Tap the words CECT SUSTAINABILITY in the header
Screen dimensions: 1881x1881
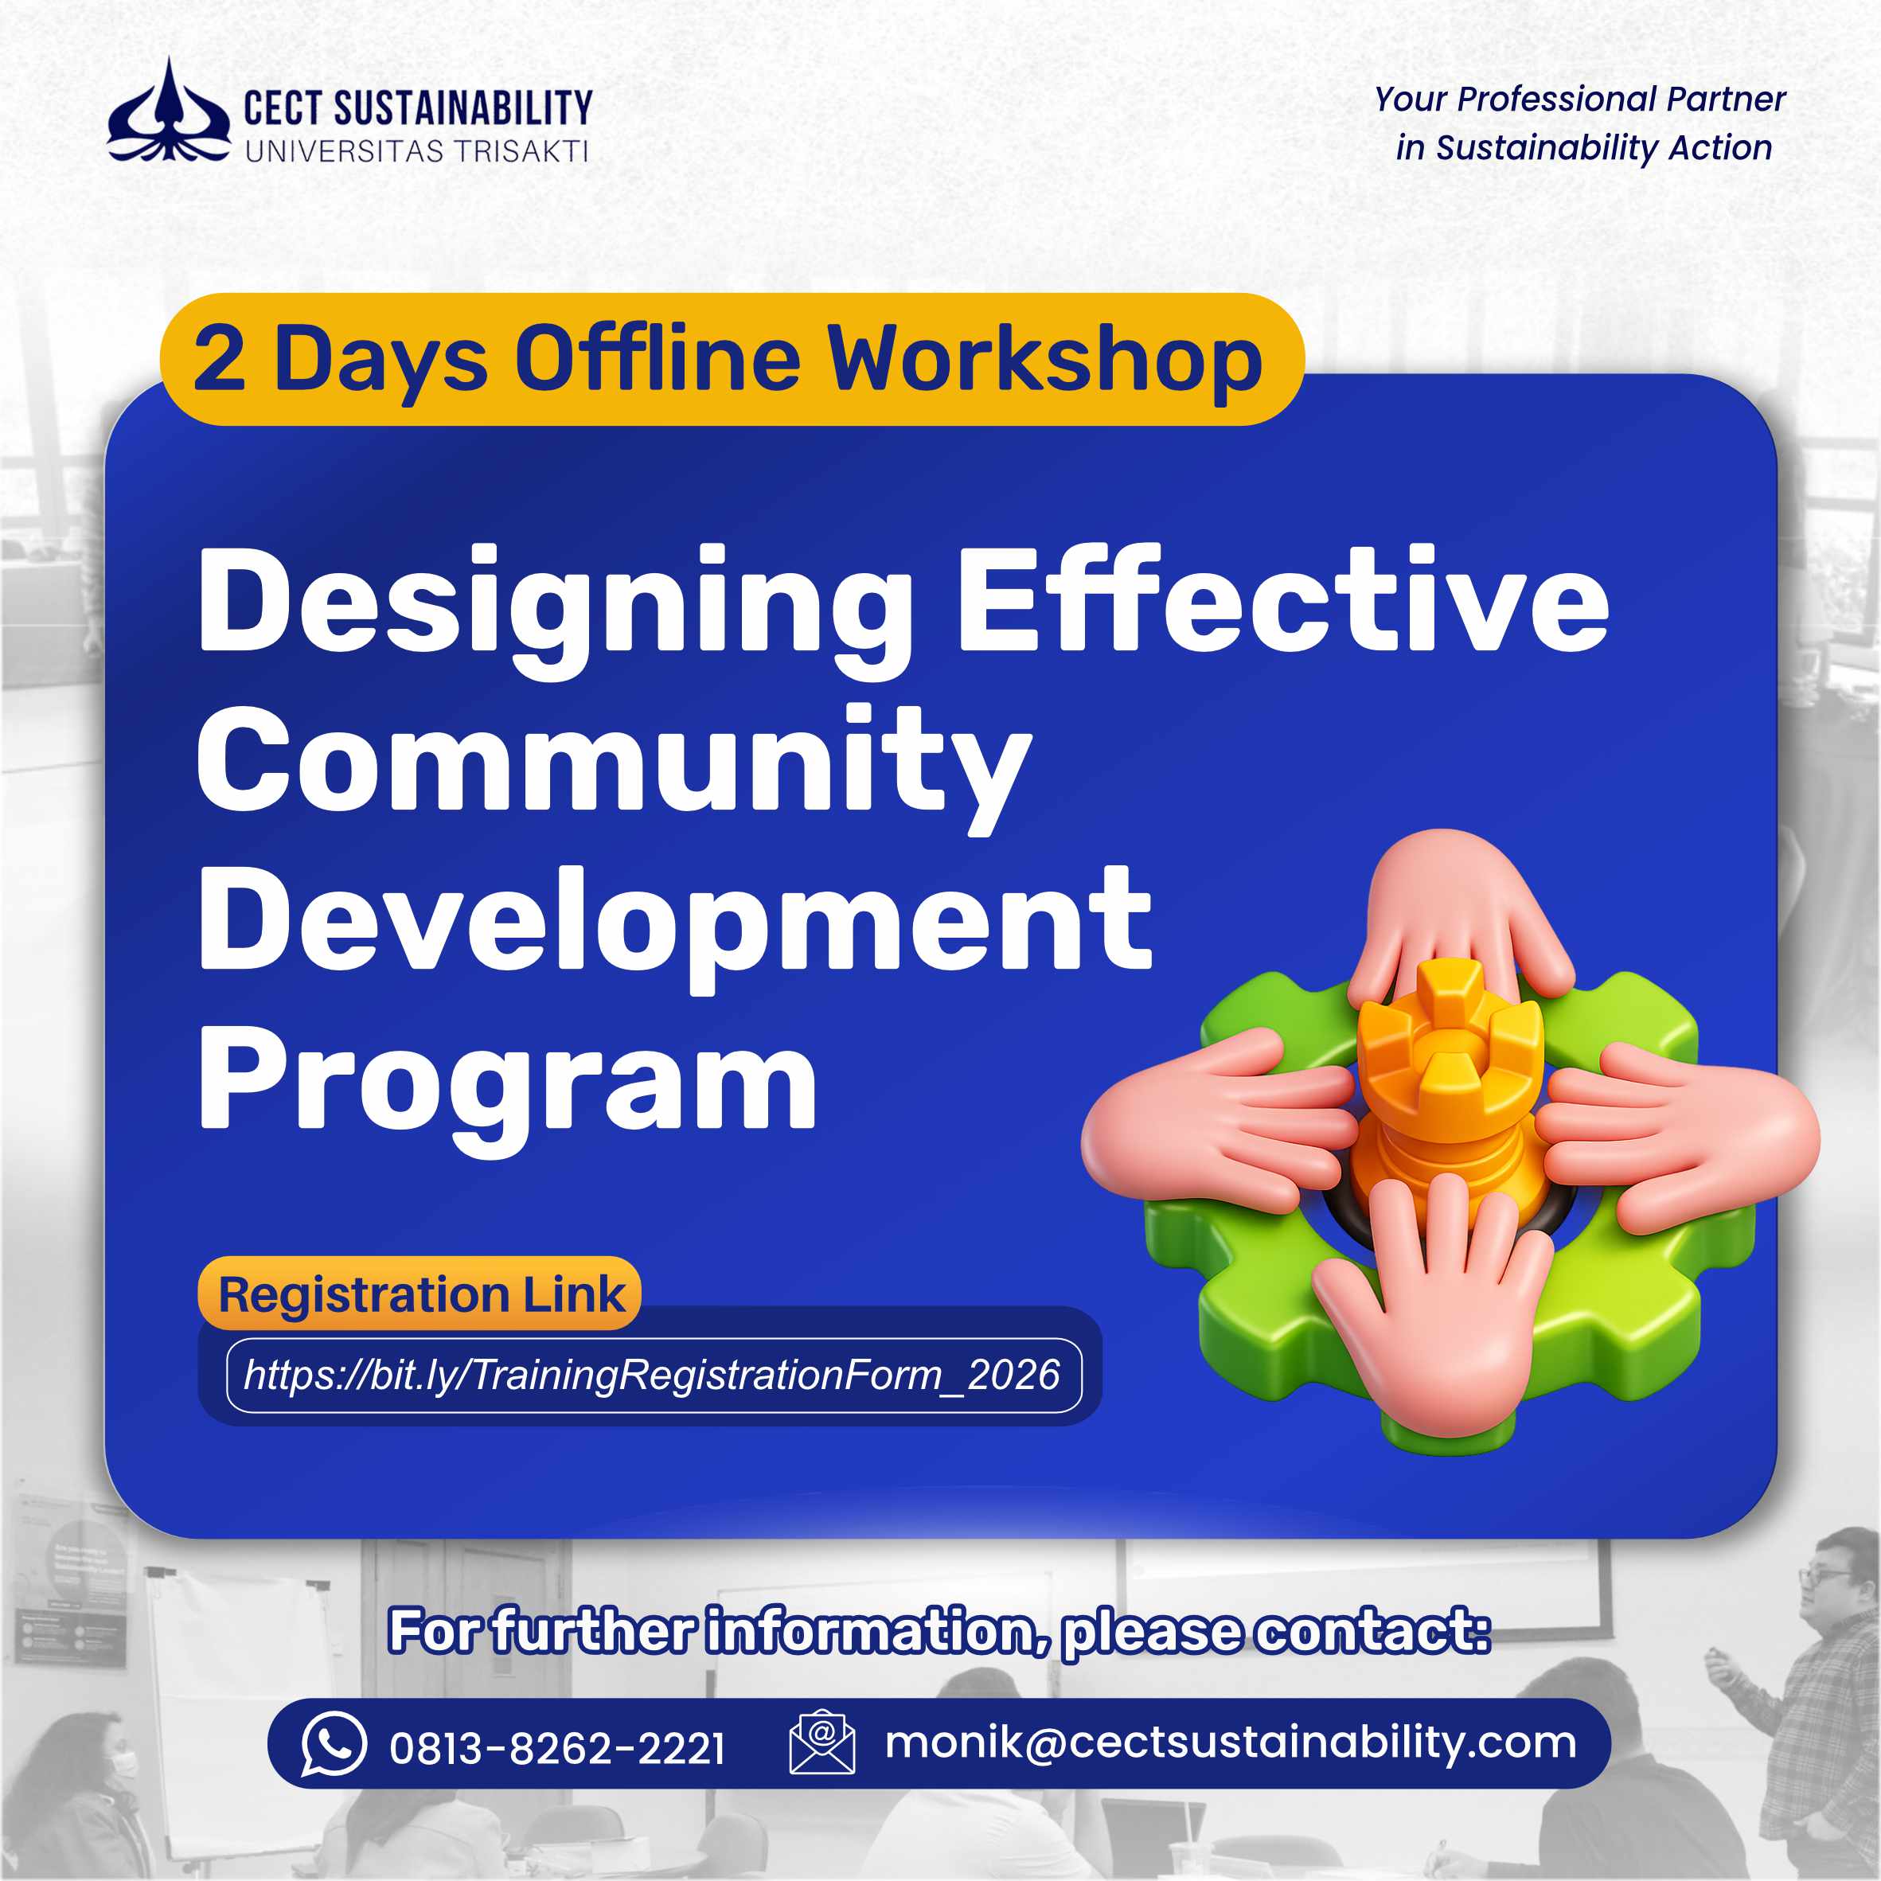point(418,108)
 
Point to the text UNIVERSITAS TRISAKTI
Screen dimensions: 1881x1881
point(416,152)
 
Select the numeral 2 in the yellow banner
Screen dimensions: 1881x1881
point(219,359)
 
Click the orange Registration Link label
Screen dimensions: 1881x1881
point(420,1295)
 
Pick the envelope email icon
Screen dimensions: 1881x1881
point(821,1742)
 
